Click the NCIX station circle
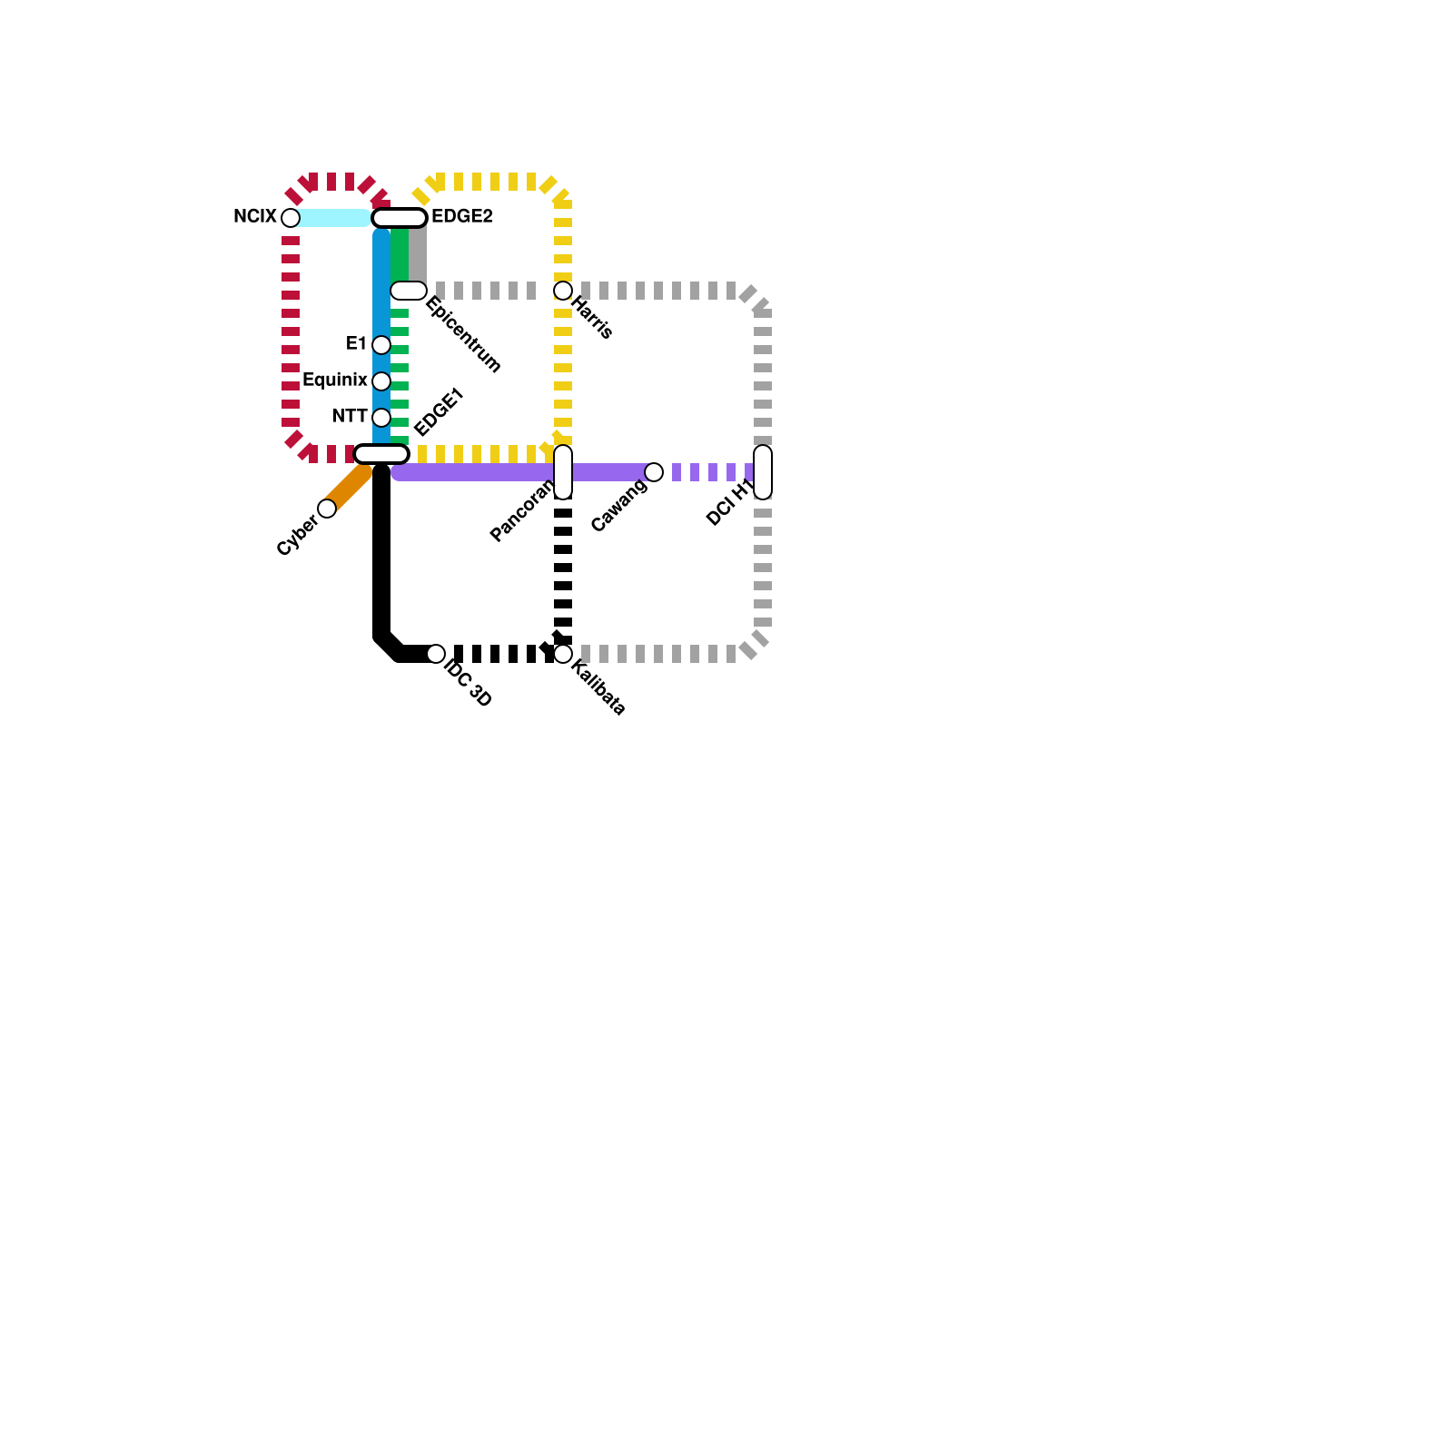click(x=291, y=218)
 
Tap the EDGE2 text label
click(x=461, y=217)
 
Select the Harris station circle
click(x=563, y=291)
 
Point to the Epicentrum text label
click(x=463, y=334)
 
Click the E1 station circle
click(x=381, y=345)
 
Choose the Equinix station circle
click(x=381, y=381)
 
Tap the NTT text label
click(x=350, y=417)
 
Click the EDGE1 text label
click(x=439, y=412)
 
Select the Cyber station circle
click(x=327, y=509)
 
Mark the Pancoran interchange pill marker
click(x=563, y=472)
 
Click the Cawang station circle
click(x=654, y=472)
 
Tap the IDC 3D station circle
click(x=436, y=654)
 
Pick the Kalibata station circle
click(x=563, y=654)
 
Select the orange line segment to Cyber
click(x=351, y=487)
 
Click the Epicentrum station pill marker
click(x=409, y=291)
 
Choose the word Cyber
click(x=297, y=535)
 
